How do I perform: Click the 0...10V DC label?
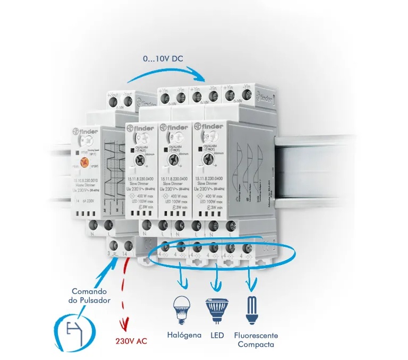tap(162, 58)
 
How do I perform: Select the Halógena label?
tap(184, 336)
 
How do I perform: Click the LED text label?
tap(217, 336)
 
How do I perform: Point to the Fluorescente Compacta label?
tap(257, 340)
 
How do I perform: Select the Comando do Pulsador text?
tap(91, 296)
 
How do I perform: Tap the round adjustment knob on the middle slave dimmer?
tap(172, 159)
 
